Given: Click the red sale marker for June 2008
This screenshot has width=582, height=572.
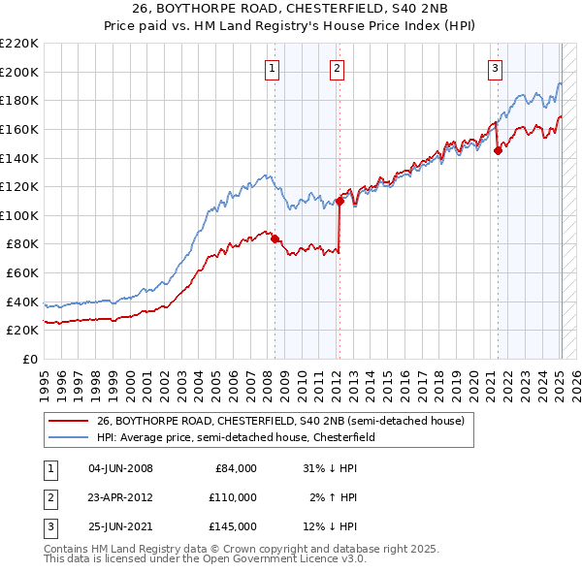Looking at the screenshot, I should pyautogui.click(x=275, y=238).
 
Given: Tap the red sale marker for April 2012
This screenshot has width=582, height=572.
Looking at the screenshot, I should pyautogui.click(x=340, y=201).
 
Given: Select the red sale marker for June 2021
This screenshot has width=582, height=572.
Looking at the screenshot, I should pyautogui.click(x=498, y=150).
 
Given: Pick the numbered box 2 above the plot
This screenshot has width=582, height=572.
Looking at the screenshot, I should pyautogui.click(x=336, y=68).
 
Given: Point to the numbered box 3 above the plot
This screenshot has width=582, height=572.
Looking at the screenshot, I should pyautogui.click(x=495, y=68).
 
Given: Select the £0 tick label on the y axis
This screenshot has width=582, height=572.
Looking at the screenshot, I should pyautogui.click(x=31, y=359).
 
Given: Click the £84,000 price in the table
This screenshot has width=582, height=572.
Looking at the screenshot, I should pyautogui.click(x=236, y=468).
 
